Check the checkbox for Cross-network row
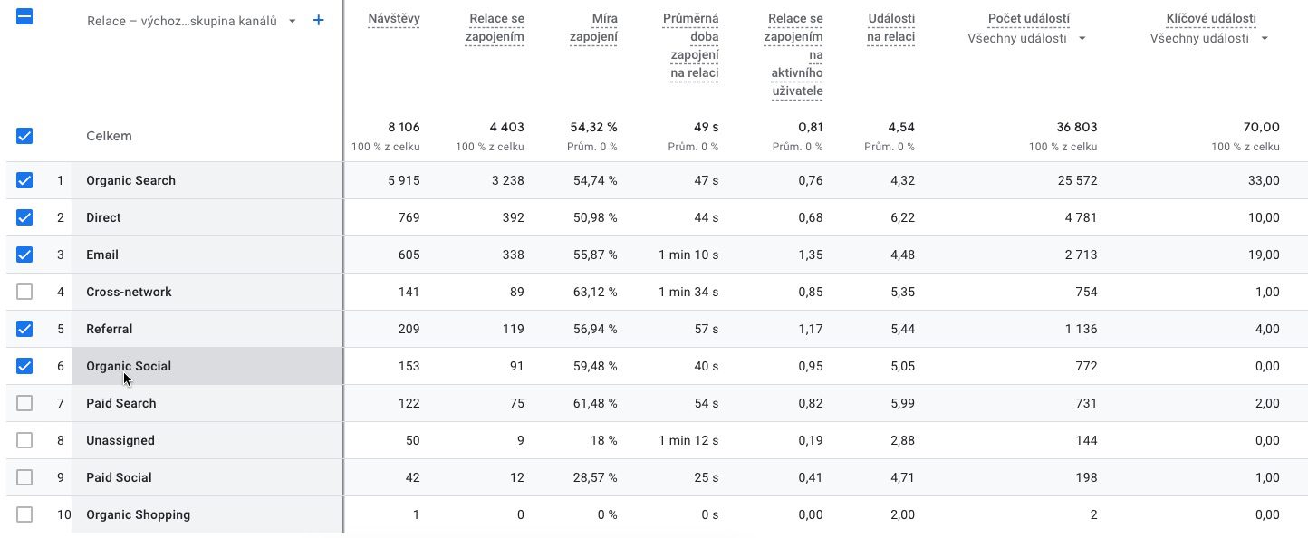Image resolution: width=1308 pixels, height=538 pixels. point(24,292)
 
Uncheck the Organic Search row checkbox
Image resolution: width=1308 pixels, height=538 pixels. point(24,180)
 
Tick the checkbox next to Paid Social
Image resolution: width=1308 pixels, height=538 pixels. point(24,477)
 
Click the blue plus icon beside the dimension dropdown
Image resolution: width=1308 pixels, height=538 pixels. point(318,20)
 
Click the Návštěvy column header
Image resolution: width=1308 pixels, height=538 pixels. point(393,18)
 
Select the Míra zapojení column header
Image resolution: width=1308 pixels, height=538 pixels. point(593,27)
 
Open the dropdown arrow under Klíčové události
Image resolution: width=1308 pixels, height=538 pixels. point(1265,38)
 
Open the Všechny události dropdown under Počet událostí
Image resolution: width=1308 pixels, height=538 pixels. point(1082,38)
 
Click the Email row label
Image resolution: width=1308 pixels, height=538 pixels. point(102,255)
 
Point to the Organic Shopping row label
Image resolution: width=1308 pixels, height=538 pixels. point(138,514)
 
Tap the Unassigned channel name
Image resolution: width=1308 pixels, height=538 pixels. point(120,440)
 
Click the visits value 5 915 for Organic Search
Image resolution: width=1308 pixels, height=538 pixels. point(403,180)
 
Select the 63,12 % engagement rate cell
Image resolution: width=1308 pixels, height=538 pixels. point(595,292)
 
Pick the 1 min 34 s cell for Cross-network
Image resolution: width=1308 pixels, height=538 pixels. point(688,292)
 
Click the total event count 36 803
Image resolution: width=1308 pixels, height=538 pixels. point(1076,127)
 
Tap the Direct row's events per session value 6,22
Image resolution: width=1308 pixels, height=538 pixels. point(902,217)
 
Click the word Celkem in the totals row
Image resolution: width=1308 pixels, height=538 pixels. point(109,136)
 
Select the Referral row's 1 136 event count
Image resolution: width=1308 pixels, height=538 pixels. point(1081,329)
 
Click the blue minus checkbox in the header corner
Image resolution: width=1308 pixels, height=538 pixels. point(24,16)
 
